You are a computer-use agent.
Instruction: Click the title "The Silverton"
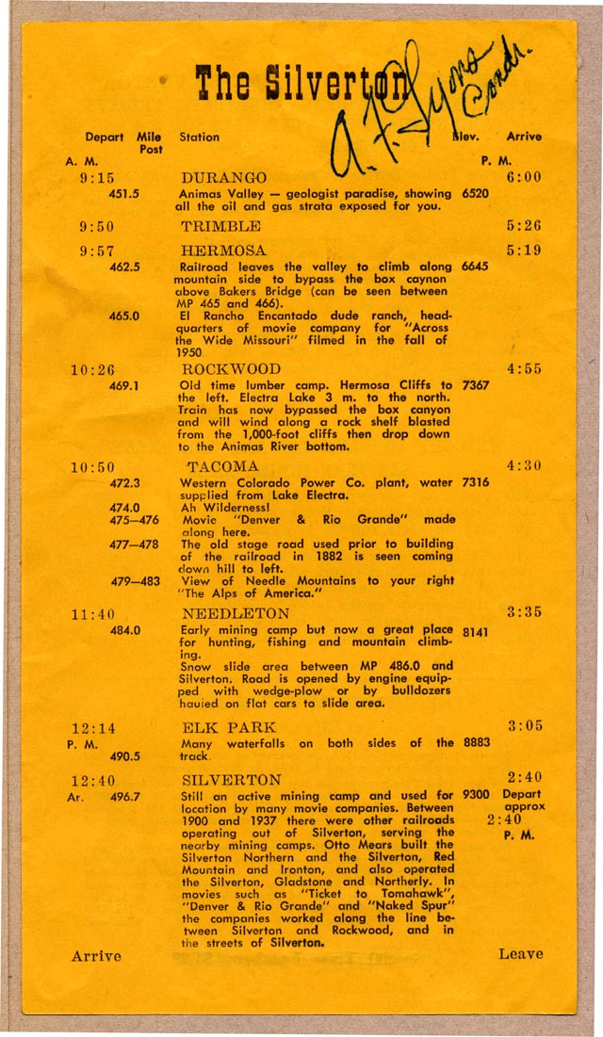(x=301, y=83)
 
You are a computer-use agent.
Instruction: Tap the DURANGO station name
(x=223, y=178)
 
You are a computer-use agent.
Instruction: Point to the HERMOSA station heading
(x=223, y=251)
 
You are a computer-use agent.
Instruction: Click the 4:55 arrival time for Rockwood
(x=524, y=369)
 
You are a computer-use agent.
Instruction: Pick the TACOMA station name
(x=221, y=467)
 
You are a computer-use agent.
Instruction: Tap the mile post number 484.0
(x=124, y=630)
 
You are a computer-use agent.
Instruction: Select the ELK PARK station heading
(x=229, y=727)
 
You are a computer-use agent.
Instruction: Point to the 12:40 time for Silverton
(x=91, y=780)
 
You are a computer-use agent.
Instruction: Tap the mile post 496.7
(x=124, y=796)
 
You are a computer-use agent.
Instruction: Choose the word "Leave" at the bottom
(x=521, y=954)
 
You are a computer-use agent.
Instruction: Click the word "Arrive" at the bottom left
(x=96, y=956)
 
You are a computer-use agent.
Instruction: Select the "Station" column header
(x=199, y=137)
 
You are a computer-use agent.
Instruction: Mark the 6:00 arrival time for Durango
(x=523, y=178)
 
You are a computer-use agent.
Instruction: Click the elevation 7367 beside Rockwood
(x=476, y=385)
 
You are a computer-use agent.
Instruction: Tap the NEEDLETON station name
(x=236, y=614)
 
